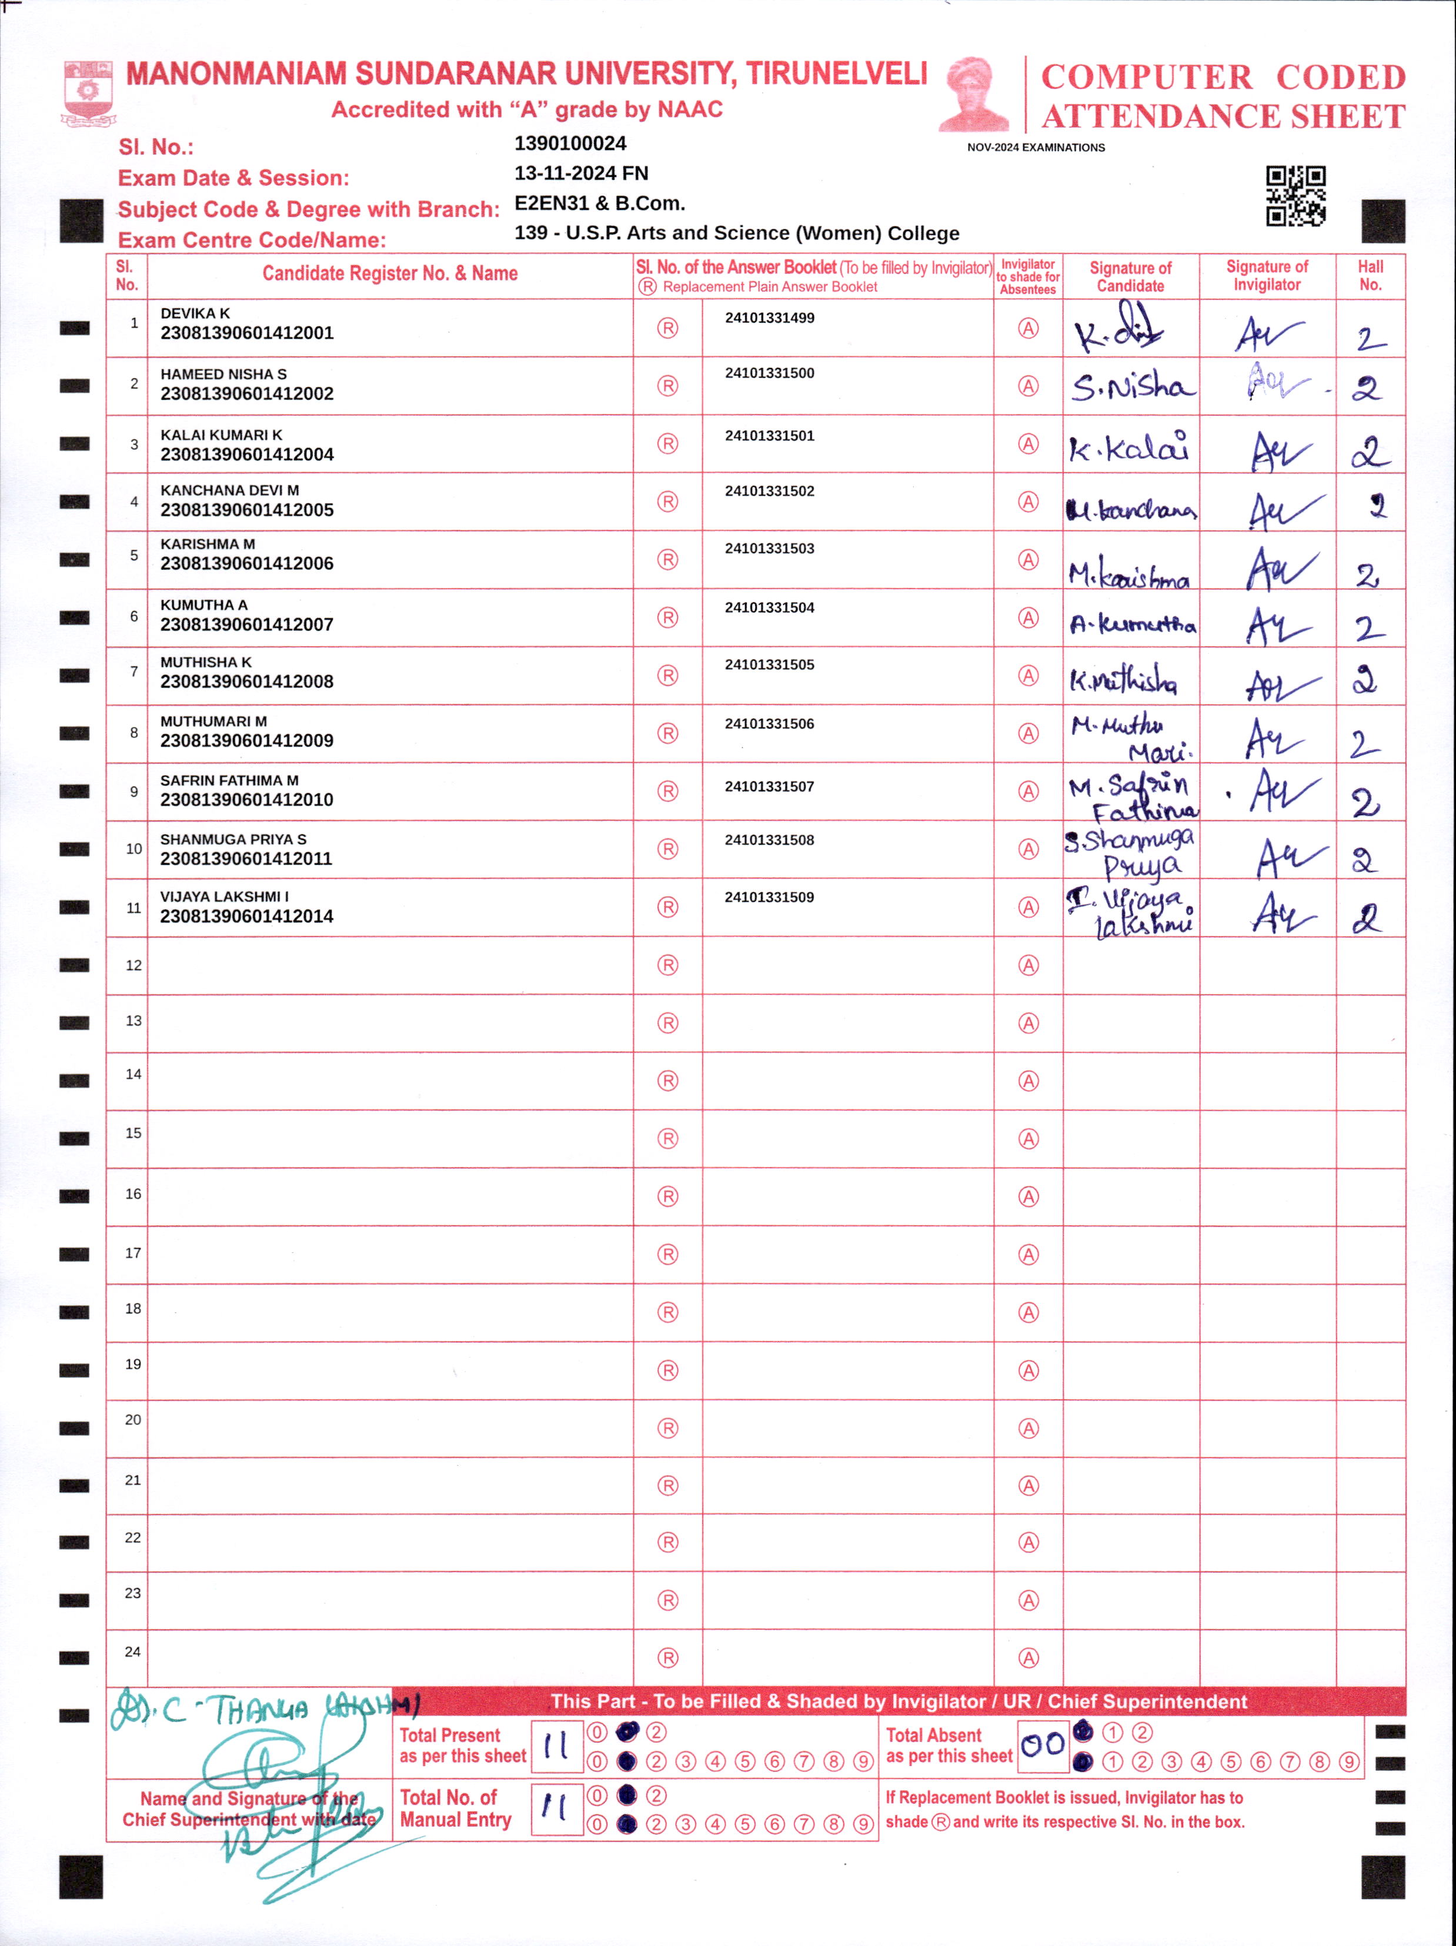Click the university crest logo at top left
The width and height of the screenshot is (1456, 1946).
[x=88, y=92]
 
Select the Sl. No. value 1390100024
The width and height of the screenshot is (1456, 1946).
[x=570, y=143]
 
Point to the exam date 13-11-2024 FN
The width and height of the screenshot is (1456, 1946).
[x=580, y=173]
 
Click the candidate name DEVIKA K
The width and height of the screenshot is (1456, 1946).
[x=195, y=313]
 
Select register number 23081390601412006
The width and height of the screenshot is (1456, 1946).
[x=246, y=563]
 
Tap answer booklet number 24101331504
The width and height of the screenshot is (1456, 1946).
[x=769, y=607]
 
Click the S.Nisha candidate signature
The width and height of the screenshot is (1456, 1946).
[x=1131, y=386]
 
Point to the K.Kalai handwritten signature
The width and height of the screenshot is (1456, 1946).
[x=1130, y=448]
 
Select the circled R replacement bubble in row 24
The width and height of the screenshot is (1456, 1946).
[x=668, y=1657]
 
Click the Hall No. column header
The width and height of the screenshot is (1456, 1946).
[x=1370, y=275]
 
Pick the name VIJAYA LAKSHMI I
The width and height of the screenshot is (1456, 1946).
[x=224, y=897]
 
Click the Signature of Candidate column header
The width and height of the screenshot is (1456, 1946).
[x=1130, y=276]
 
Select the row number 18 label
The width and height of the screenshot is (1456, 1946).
[x=133, y=1308]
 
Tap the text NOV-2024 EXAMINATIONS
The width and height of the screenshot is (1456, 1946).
[x=1036, y=148]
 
